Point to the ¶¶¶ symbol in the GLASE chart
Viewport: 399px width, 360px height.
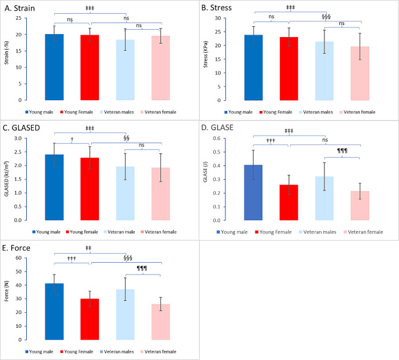click(342, 151)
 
